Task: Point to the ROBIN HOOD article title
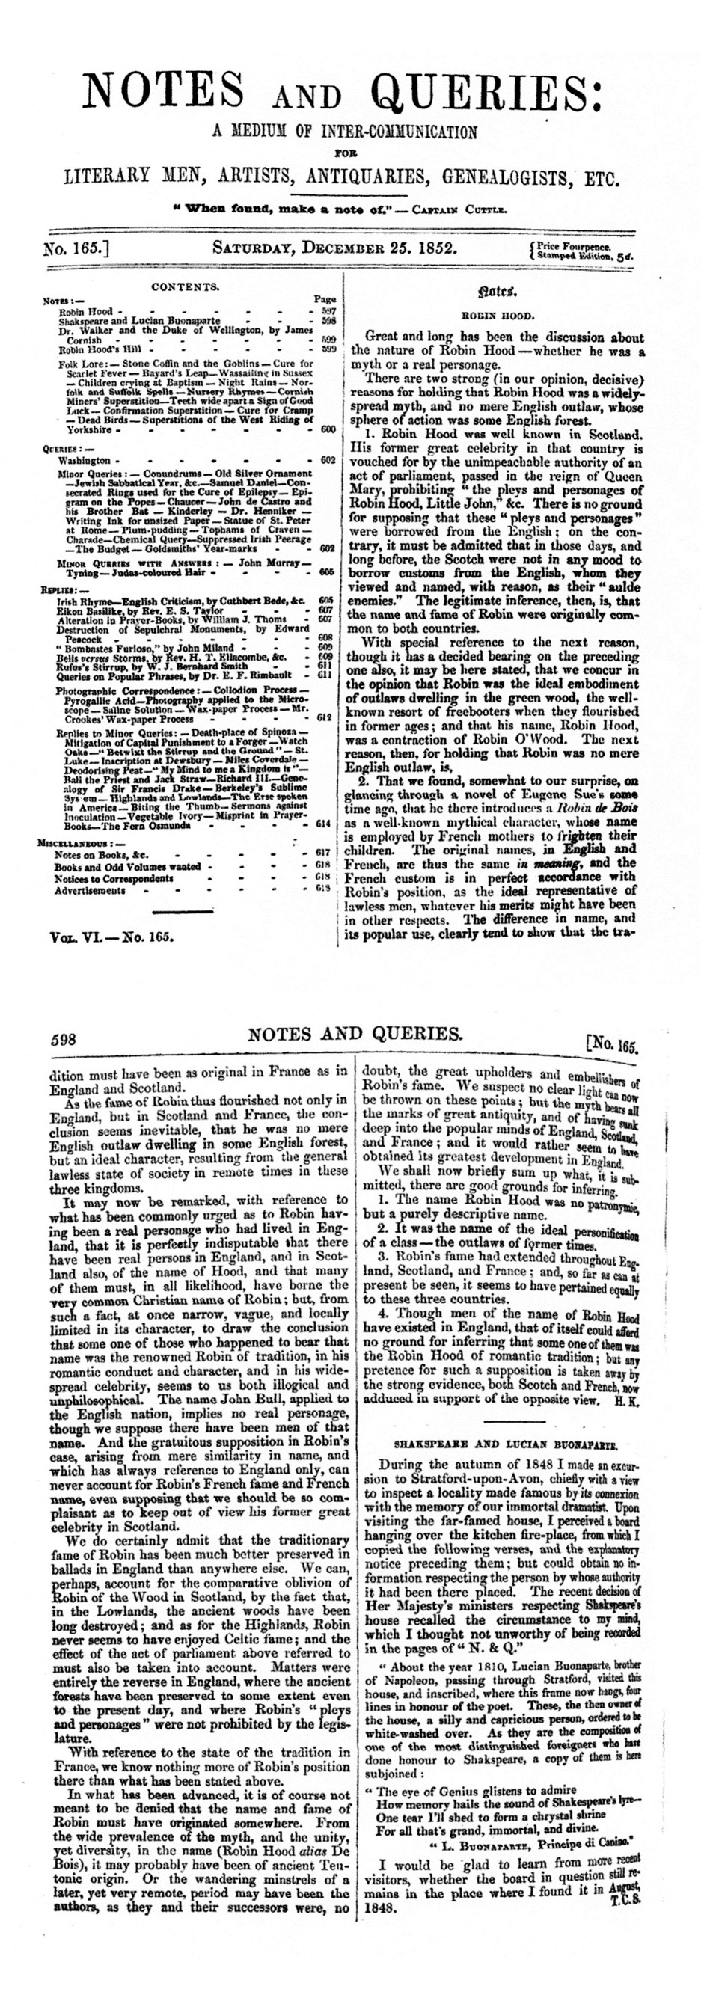[x=495, y=316]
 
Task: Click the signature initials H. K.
[x=625, y=1401]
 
